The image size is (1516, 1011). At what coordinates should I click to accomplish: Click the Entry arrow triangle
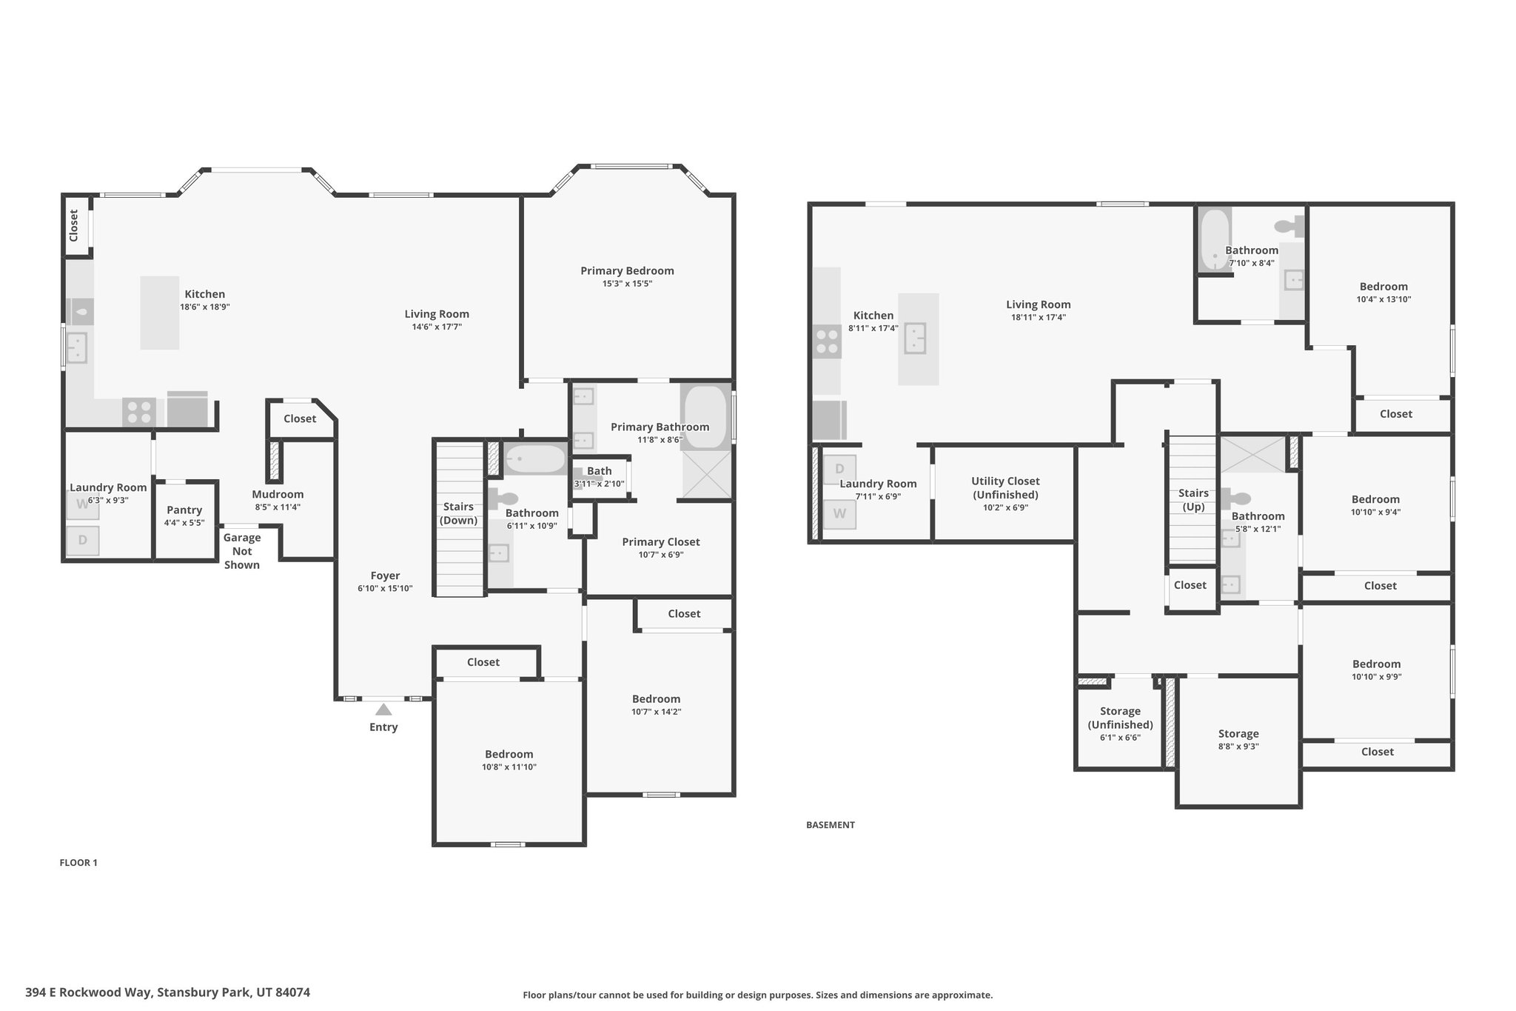click(383, 710)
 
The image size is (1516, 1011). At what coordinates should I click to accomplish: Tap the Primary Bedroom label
click(627, 271)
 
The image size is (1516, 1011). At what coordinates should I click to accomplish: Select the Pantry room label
click(184, 510)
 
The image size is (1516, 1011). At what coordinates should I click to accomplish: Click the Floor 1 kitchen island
click(160, 313)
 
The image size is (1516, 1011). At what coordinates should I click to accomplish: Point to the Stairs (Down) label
click(459, 513)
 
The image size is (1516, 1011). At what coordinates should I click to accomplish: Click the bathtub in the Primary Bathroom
click(706, 417)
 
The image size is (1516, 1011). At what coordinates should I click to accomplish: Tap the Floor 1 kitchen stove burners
click(139, 413)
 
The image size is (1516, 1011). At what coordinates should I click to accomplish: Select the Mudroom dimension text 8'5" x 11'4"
click(278, 507)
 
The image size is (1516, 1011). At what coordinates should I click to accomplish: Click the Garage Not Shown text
click(242, 551)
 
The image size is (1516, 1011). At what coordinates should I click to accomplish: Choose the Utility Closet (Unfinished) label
click(1005, 488)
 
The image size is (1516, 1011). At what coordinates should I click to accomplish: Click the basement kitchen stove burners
click(827, 342)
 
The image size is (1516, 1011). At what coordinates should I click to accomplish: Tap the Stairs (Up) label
click(1193, 500)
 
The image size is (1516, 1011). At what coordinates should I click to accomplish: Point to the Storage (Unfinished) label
click(1120, 718)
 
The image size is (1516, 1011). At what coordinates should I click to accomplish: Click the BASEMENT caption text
click(831, 824)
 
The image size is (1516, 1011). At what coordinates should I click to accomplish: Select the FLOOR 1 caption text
click(78, 862)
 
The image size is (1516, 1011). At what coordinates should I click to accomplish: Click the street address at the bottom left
click(167, 992)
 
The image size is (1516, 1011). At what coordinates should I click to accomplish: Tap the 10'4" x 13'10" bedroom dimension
click(1383, 300)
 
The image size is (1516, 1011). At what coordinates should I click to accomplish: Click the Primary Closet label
click(661, 542)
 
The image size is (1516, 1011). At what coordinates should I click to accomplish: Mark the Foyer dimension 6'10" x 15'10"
click(385, 589)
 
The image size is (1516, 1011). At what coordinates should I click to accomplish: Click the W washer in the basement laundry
click(839, 514)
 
